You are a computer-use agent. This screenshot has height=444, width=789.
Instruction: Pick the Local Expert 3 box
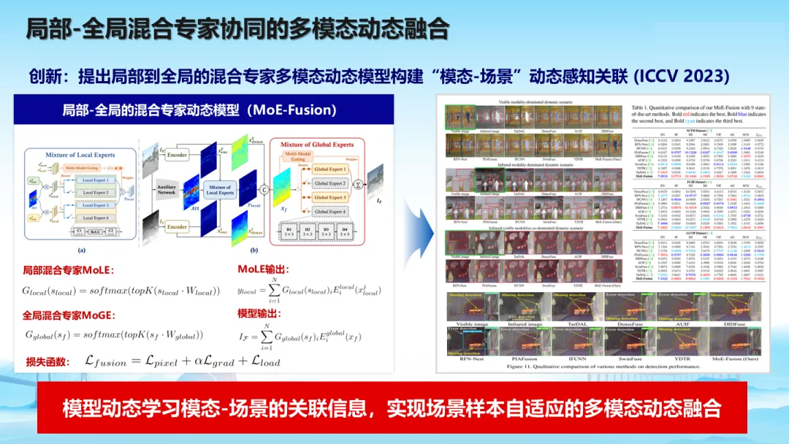[94, 206]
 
